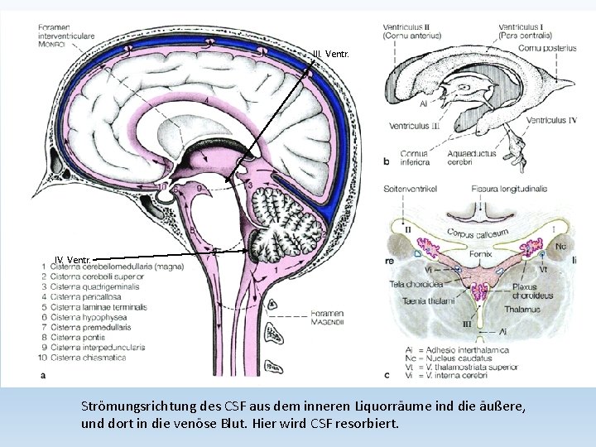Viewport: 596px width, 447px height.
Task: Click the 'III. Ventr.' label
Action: [330, 55]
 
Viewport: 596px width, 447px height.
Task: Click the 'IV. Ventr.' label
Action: [73, 260]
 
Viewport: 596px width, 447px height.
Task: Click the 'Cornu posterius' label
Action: [548, 48]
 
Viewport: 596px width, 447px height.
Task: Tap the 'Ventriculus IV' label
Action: [551, 121]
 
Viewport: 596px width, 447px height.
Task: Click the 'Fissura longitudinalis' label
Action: [509, 189]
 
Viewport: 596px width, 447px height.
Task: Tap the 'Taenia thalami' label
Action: [423, 300]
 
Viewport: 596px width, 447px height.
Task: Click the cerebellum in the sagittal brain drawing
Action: [286, 217]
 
